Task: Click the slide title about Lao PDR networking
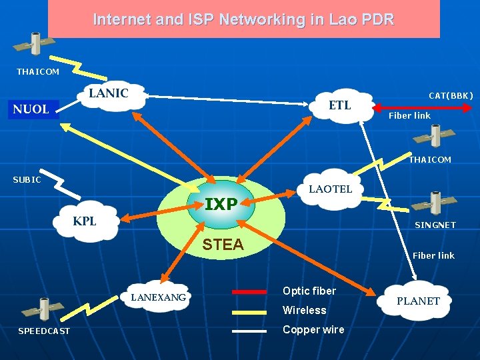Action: tap(243, 19)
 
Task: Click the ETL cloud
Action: tap(339, 106)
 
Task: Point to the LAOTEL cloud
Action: tap(330, 189)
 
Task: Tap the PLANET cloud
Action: tap(418, 301)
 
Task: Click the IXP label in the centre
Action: tap(221, 204)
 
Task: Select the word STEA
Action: tap(223, 245)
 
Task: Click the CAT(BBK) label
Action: tap(451, 96)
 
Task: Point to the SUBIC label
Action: tap(27, 179)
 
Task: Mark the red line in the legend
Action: tap(249, 291)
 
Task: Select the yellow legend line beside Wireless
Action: tap(249, 311)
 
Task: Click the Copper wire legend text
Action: tap(313, 330)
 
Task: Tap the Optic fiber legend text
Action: tap(309, 291)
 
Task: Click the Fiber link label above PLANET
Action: tap(433, 255)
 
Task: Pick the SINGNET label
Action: tap(435, 225)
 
